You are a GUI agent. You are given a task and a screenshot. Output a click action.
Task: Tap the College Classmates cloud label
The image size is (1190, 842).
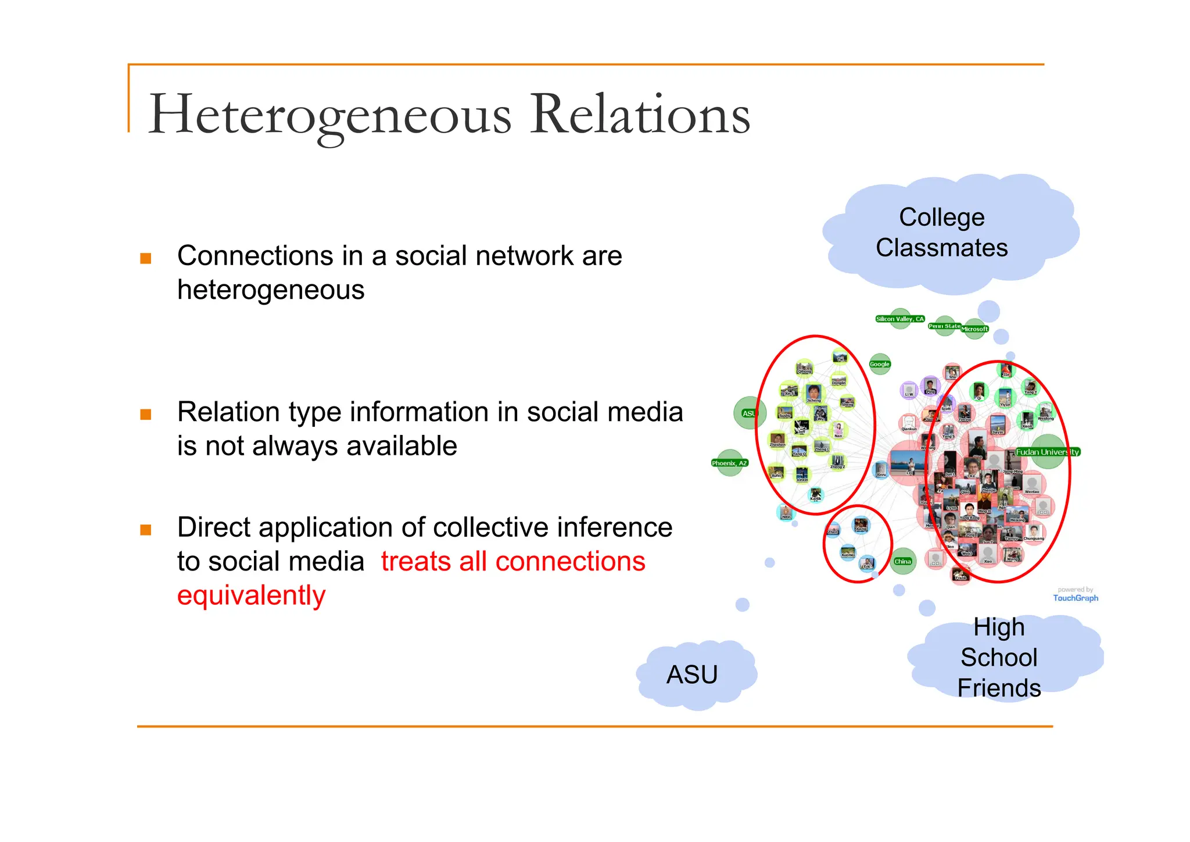click(x=941, y=233)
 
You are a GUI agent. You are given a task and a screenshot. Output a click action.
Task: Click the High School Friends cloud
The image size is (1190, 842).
click(x=999, y=658)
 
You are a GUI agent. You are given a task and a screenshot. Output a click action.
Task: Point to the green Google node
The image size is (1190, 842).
click(x=880, y=364)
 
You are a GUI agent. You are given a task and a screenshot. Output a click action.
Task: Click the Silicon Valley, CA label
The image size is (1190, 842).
click(x=899, y=319)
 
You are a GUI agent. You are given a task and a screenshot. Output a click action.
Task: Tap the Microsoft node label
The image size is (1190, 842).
click(x=974, y=329)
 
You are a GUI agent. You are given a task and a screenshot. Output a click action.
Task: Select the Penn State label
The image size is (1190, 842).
click(x=944, y=326)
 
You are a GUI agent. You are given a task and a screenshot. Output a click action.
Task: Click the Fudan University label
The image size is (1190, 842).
click(x=1047, y=452)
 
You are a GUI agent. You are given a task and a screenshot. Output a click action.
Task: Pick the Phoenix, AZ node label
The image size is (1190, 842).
click(x=729, y=463)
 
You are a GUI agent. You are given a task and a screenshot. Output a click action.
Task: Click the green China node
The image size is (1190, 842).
click(x=902, y=561)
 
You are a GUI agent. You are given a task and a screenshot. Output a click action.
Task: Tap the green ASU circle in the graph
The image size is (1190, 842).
click(x=749, y=413)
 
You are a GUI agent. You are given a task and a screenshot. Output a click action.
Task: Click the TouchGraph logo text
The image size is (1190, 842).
click(x=1076, y=598)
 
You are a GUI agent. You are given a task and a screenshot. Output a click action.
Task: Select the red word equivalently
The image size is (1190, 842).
click(x=251, y=595)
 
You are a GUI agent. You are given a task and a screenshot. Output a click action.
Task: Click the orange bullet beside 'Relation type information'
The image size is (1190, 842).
click(x=146, y=414)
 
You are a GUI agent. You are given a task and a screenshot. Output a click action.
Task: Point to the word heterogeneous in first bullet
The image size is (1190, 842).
click(x=271, y=290)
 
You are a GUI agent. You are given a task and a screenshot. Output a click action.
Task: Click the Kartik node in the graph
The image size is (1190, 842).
click(x=816, y=495)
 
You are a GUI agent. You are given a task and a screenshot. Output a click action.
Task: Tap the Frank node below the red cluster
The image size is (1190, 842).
click(x=960, y=575)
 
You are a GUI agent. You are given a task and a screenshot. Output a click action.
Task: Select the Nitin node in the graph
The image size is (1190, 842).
click(x=786, y=513)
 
